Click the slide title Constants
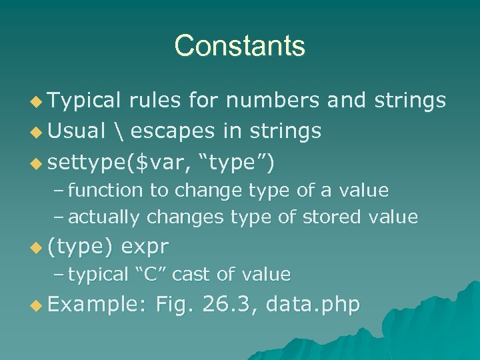click(239, 46)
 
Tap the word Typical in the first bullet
click(83, 101)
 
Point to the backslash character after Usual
click(119, 131)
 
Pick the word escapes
click(171, 131)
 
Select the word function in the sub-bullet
click(105, 191)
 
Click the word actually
click(104, 217)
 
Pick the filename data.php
click(313, 305)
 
